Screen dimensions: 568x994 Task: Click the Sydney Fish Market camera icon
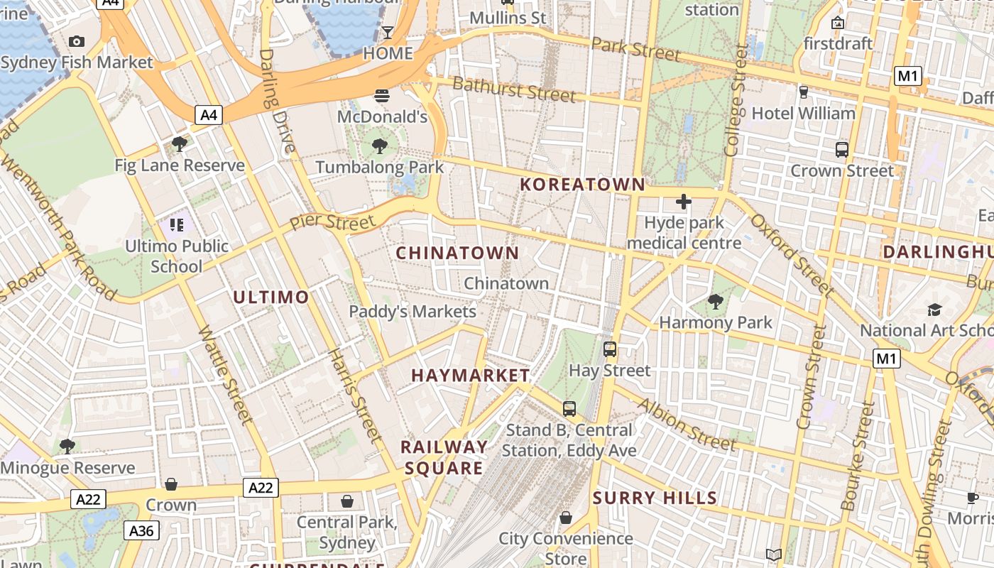(77, 42)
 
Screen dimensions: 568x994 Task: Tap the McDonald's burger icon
(382, 95)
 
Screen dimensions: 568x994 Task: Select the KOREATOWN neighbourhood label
(582, 185)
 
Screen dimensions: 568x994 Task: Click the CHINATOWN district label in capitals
(457, 253)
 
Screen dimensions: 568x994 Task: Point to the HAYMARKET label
(471, 376)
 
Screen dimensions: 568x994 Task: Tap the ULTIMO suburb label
(271, 297)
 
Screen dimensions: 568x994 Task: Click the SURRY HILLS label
(655, 498)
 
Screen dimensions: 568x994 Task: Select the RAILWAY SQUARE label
(444, 457)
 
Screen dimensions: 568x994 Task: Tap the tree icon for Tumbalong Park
(380, 146)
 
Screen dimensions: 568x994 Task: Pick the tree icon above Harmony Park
(716, 302)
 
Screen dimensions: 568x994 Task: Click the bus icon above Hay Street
(610, 349)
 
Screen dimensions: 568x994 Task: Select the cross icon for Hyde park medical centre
(684, 202)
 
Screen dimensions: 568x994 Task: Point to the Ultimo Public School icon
(177, 225)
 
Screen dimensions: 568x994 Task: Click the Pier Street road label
(332, 222)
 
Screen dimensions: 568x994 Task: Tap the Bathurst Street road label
(513, 90)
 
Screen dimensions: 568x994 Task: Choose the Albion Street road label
(687, 425)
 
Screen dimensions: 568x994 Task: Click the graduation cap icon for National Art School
(934, 310)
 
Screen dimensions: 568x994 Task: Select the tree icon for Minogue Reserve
(67, 446)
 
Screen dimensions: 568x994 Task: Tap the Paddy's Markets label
(413, 311)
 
